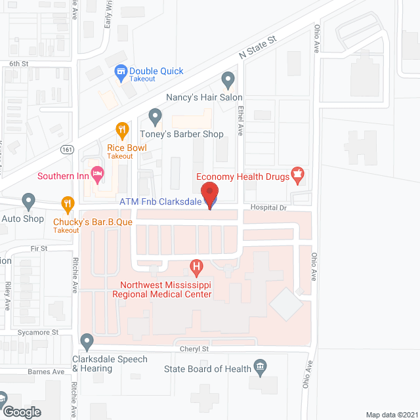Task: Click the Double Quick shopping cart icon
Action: tap(121, 71)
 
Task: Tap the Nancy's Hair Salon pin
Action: tap(228, 81)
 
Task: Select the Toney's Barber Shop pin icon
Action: tap(156, 117)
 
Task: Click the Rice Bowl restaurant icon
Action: tap(121, 130)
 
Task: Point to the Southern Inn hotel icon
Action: tap(97, 176)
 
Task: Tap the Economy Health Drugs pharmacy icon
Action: tap(298, 176)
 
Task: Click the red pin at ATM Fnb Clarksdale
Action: tap(210, 196)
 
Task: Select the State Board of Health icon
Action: tap(260, 369)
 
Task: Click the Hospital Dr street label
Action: tap(272, 207)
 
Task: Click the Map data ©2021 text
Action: tap(390, 415)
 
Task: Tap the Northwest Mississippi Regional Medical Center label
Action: tap(165, 289)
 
